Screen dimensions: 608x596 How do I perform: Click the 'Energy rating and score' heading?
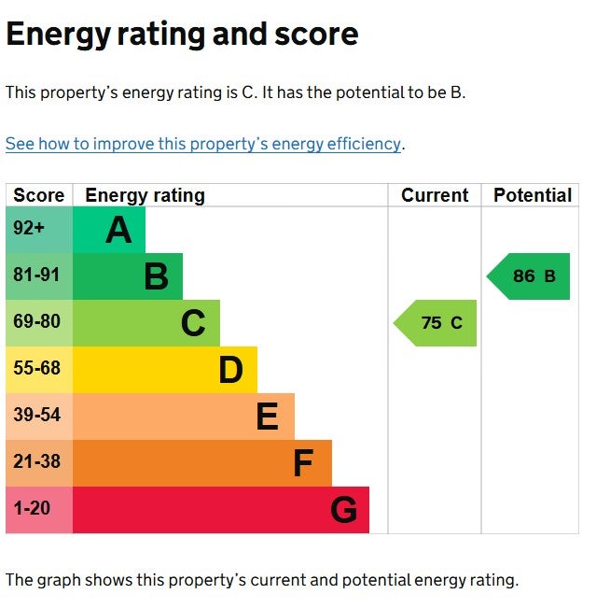tap(182, 35)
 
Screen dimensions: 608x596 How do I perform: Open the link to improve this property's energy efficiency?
tap(203, 144)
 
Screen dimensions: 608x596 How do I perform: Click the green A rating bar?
tap(108, 230)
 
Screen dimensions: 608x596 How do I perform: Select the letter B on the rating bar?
tap(156, 276)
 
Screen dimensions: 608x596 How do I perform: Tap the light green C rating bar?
tap(146, 323)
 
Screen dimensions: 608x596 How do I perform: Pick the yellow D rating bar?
tap(164, 370)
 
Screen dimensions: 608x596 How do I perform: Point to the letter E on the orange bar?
tap(267, 417)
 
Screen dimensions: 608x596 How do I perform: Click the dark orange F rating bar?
tap(201, 463)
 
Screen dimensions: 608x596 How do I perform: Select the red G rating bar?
tap(220, 510)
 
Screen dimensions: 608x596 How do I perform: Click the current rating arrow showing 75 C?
tap(437, 323)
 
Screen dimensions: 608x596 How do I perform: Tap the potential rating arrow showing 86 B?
tap(529, 276)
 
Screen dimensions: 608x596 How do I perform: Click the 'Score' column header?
tap(39, 195)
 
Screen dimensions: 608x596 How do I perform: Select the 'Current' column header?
tap(435, 195)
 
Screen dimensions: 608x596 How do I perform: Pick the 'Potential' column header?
tap(533, 195)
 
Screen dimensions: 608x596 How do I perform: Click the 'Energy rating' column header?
tap(145, 195)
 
